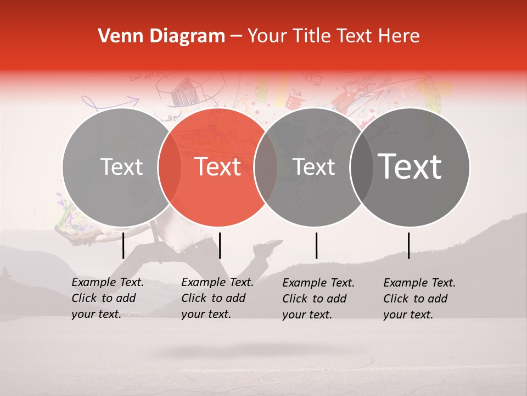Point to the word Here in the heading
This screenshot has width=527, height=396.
(x=400, y=36)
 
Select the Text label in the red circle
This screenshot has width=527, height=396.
(x=218, y=167)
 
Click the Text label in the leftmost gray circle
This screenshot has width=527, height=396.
(x=122, y=167)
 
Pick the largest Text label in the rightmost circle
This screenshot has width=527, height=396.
(x=410, y=167)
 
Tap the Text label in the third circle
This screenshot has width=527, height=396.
(x=314, y=167)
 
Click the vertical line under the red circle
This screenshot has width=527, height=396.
(x=220, y=245)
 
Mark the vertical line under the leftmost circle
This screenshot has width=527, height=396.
(x=124, y=245)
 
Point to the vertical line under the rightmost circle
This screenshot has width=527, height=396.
(x=408, y=245)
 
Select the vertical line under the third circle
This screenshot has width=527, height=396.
(x=316, y=245)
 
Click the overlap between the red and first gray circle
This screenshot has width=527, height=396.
(x=170, y=167)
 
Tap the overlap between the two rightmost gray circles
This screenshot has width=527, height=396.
(x=362, y=167)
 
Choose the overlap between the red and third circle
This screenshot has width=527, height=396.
(x=266, y=167)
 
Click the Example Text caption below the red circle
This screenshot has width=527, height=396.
(x=217, y=298)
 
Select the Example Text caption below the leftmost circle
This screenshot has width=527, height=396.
(x=107, y=298)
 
